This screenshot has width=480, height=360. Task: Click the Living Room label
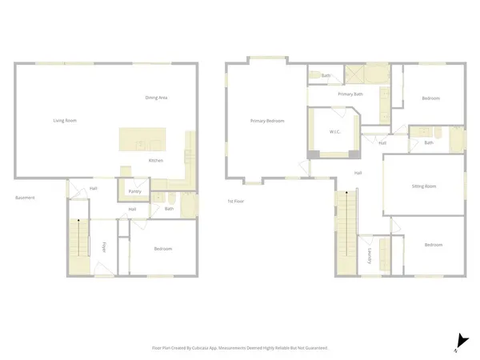[x=65, y=121]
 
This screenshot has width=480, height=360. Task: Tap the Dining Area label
[x=156, y=98]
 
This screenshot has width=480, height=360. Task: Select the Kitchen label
[x=157, y=161]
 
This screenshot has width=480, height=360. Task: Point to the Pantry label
[x=134, y=192]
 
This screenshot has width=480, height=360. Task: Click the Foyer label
[x=103, y=246]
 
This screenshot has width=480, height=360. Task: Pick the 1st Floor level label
[x=236, y=201]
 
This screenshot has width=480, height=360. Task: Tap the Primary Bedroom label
[x=267, y=121]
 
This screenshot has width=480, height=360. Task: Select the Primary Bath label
[x=350, y=94]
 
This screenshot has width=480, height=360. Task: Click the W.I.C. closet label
[x=336, y=132]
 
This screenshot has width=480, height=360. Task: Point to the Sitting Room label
[x=424, y=186]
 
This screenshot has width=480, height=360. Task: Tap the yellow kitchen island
[x=140, y=140]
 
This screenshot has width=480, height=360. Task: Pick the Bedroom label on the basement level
[x=162, y=249]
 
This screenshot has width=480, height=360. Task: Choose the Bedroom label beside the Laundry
[x=433, y=245]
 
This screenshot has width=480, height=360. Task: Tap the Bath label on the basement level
[x=169, y=210]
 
